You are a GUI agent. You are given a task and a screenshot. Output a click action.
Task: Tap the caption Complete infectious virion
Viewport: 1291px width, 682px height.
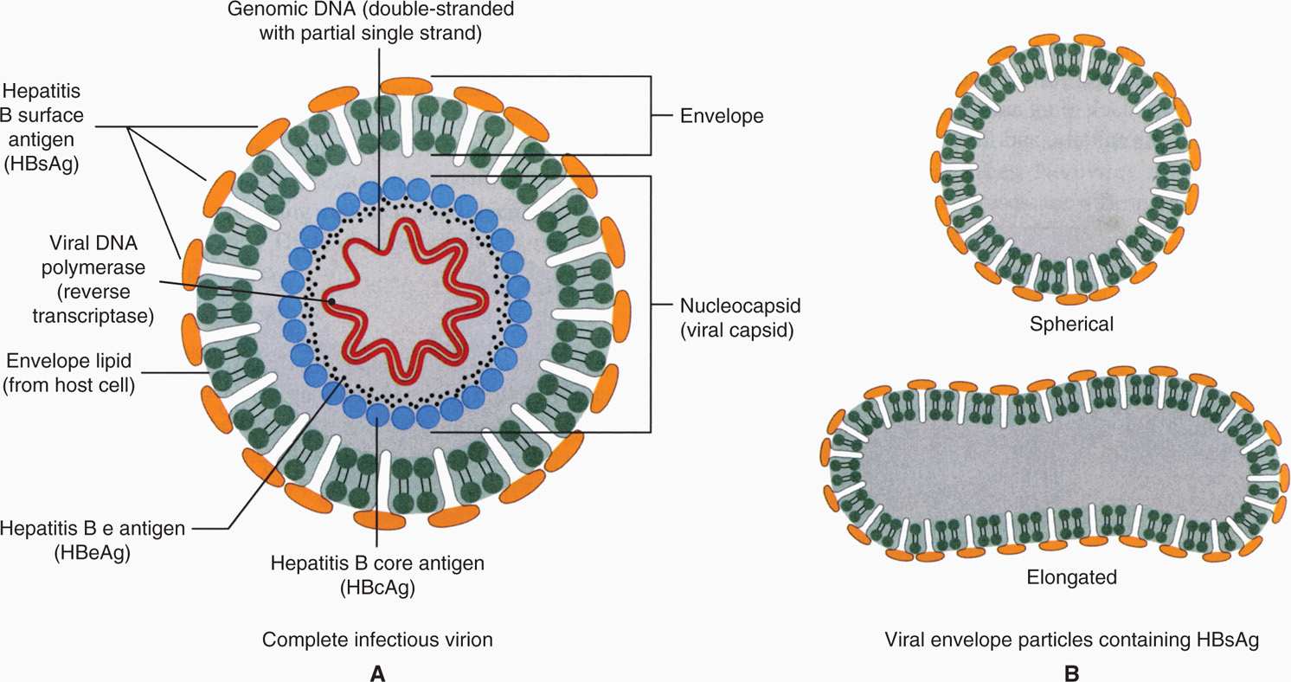point(377,640)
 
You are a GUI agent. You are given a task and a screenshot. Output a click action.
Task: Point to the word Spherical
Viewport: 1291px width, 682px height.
point(1071,325)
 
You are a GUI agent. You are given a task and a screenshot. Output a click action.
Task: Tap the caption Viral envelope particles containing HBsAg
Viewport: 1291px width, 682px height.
point(1071,640)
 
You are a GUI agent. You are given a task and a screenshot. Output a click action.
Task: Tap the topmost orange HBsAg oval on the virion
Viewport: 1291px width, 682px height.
point(407,85)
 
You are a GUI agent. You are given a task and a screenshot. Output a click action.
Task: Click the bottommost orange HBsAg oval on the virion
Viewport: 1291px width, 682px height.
point(378,518)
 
